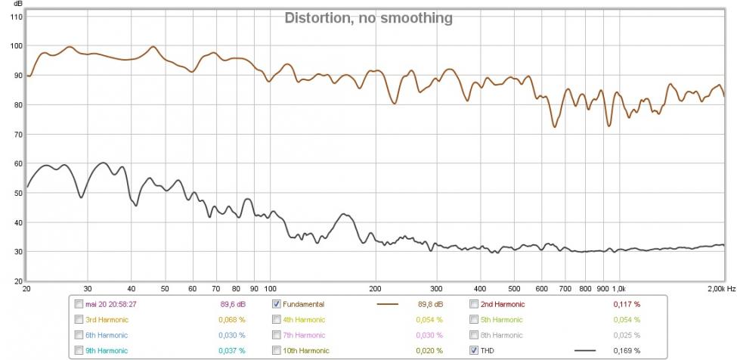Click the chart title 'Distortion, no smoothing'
[x=368, y=17]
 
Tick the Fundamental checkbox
[x=276, y=304]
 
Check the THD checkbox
[x=474, y=350]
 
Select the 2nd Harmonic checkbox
[x=474, y=304]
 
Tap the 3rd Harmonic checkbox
[x=79, y=319]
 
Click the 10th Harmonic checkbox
[x=276, y=350]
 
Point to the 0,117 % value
[x=626, y=304]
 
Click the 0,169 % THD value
[x=626, y=350]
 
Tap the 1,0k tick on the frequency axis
[x=619, y=289]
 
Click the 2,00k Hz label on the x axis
[x=721, y=289]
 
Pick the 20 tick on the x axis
[x=27, y=289]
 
